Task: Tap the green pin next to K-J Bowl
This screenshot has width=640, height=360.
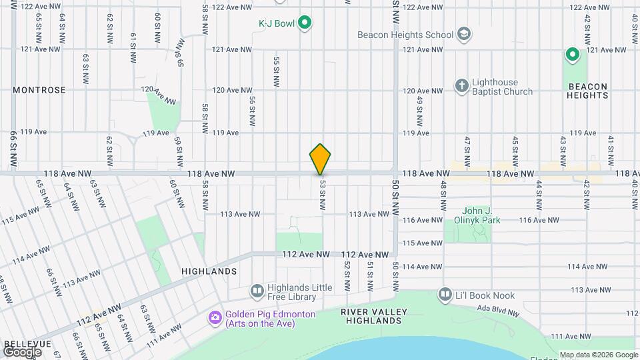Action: [x=305, y=24]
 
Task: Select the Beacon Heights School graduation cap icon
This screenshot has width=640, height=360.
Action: [x=463, y=34]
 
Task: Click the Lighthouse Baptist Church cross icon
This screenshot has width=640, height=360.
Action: [x=461, y=85]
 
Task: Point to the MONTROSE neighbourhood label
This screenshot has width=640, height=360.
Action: [x=39, y=90]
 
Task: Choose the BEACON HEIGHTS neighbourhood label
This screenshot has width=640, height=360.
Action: [x=587, y=91]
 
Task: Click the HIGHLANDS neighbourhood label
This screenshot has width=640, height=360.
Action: [x=209, y=271]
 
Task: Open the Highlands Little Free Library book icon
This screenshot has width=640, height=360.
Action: [x=257, y=291]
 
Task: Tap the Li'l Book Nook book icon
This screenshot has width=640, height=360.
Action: [x=445, y=294]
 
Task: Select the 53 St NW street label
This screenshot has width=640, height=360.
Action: [x=322, y=195]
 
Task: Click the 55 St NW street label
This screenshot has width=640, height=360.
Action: [x=275, y=71]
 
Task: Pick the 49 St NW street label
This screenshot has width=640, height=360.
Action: [x=419, y=111]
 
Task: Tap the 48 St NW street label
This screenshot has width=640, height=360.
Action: [x=443, y=193]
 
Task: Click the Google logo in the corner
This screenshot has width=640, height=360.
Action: [x=22, y=352]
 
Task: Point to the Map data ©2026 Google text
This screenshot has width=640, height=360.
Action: [x=598, y=355]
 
